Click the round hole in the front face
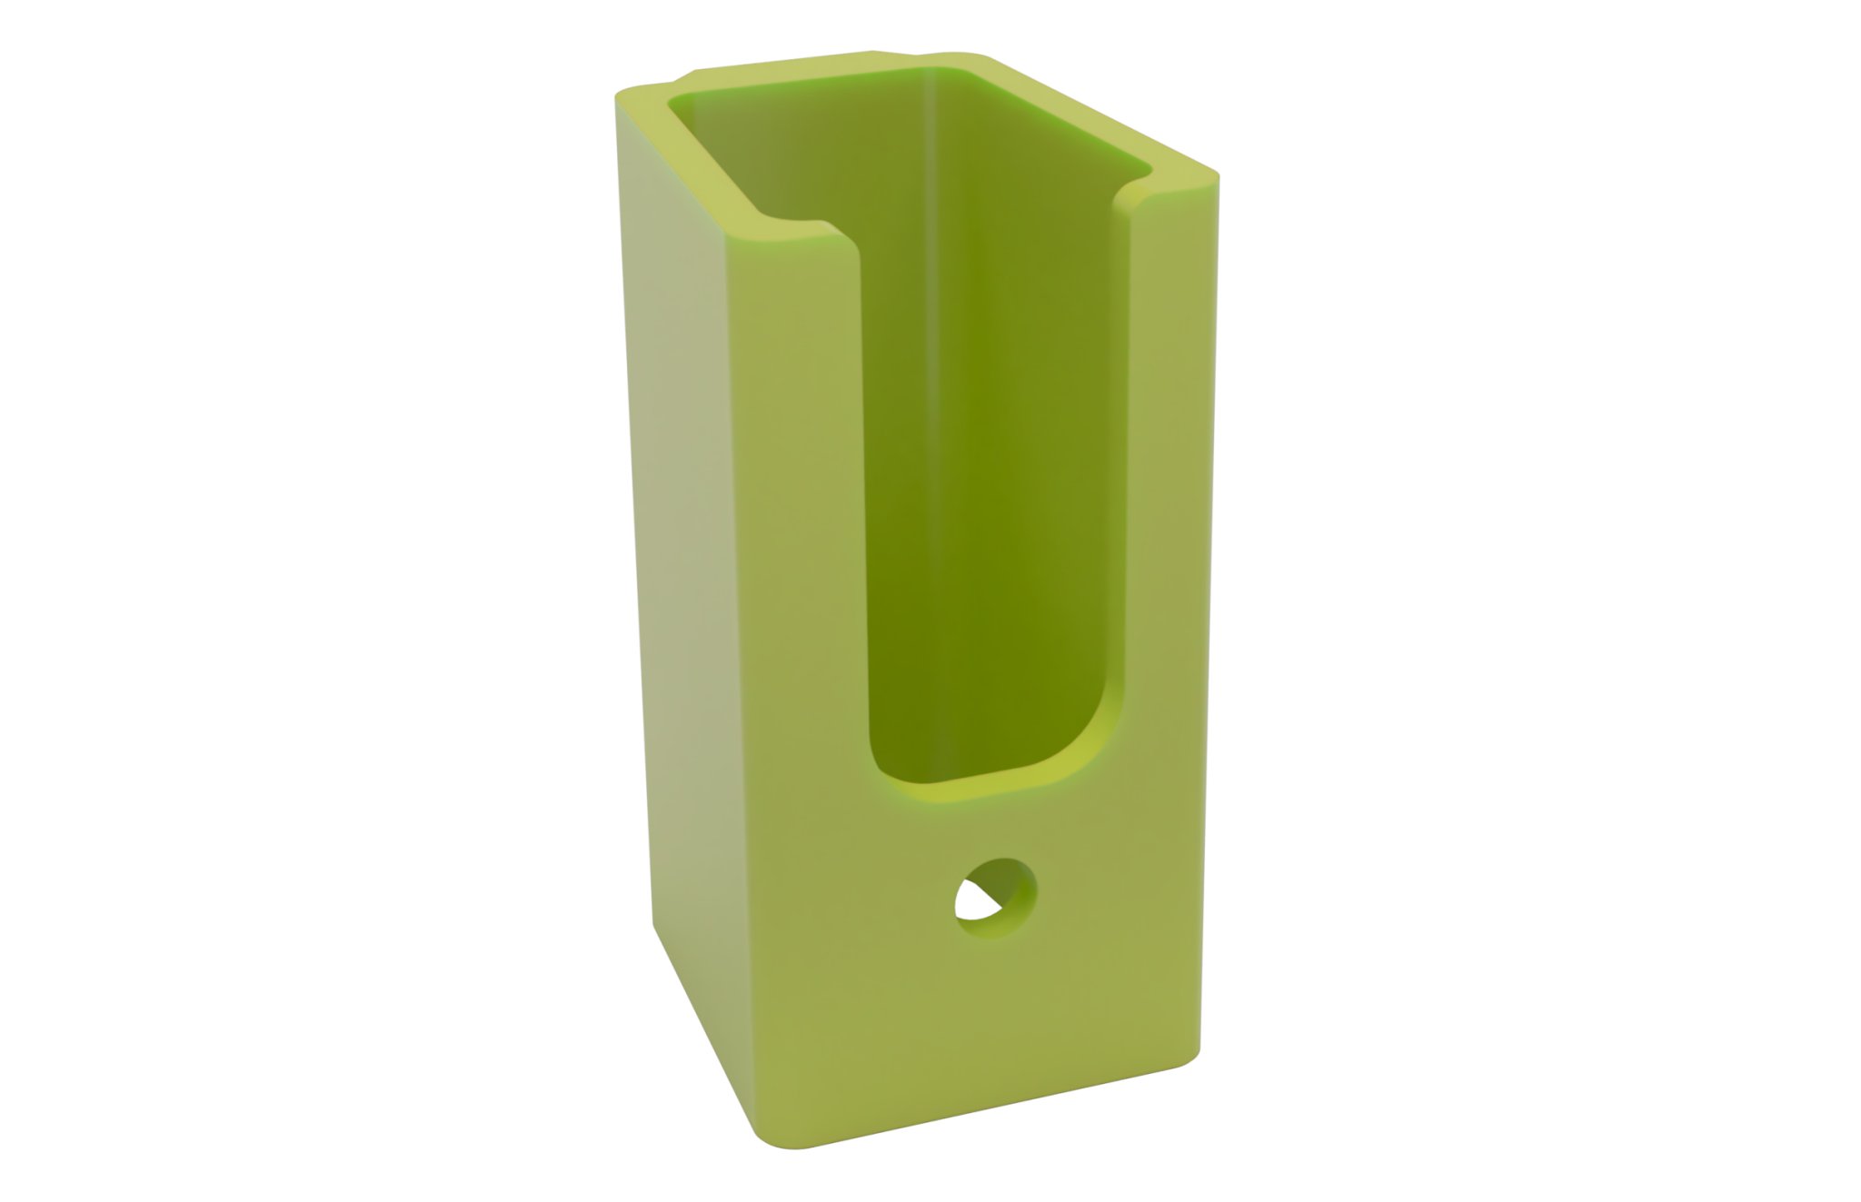coord(996,899)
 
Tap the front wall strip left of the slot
coord(791,545)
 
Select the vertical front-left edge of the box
coord(736,681)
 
